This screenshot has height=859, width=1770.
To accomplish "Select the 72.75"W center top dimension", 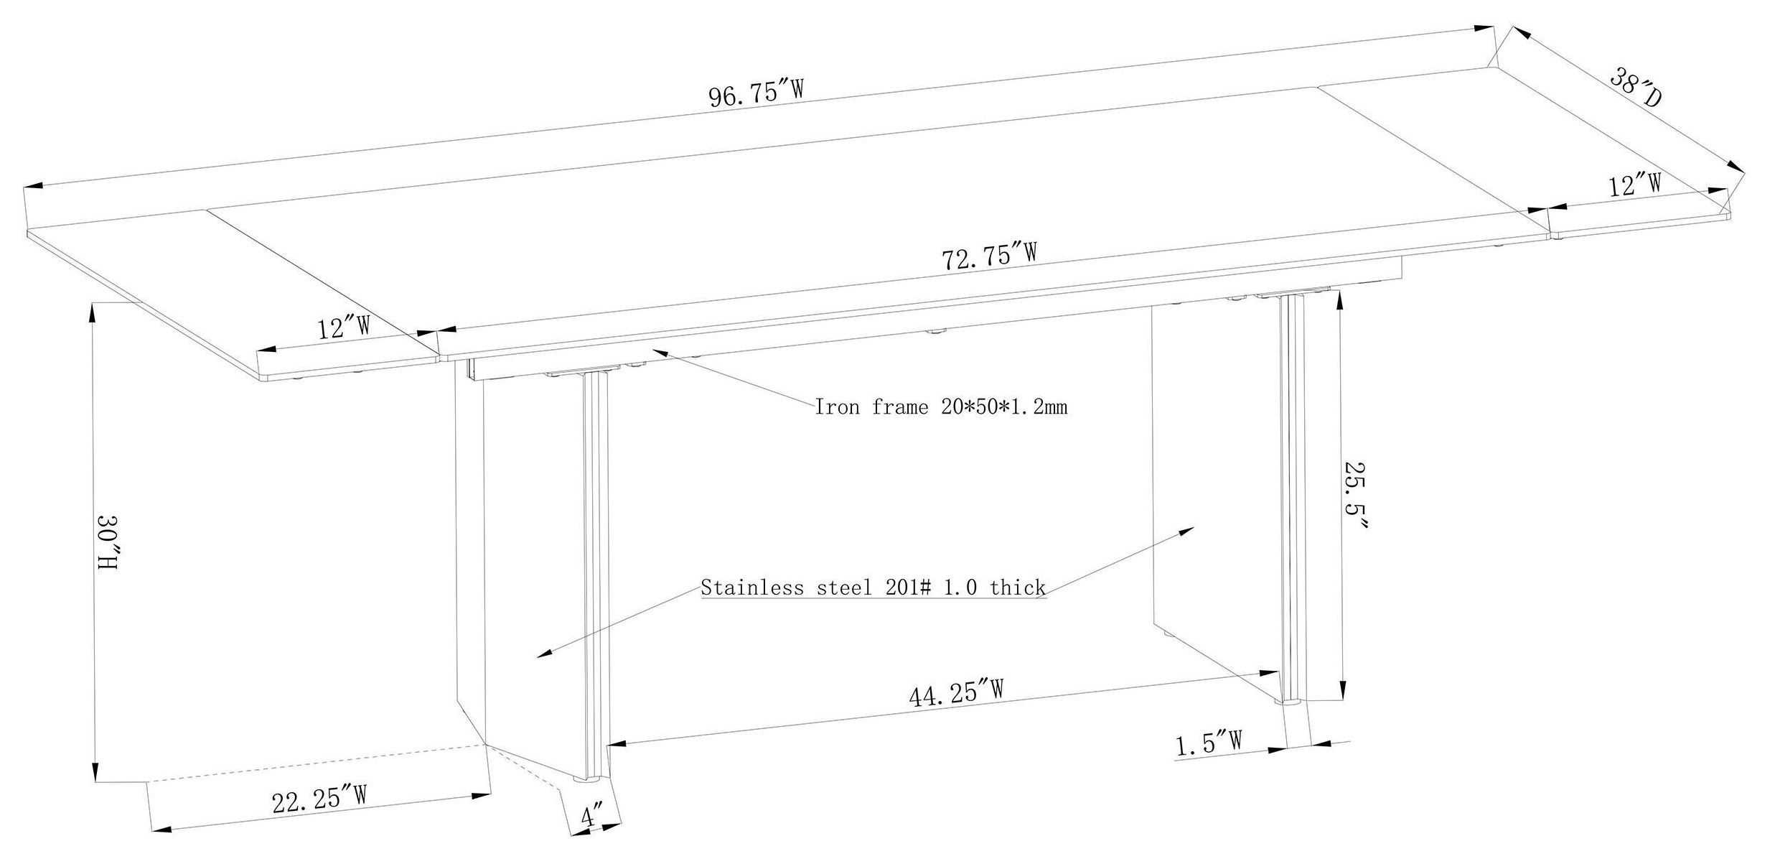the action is click(989, 256).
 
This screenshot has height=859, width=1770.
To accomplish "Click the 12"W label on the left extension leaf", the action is click(344, 329).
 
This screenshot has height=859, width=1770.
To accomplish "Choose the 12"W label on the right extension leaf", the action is click(1636, 186).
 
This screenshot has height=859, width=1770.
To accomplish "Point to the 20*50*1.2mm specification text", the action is click(1003, 407).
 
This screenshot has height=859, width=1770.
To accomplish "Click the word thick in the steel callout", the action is click(1018, 588).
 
